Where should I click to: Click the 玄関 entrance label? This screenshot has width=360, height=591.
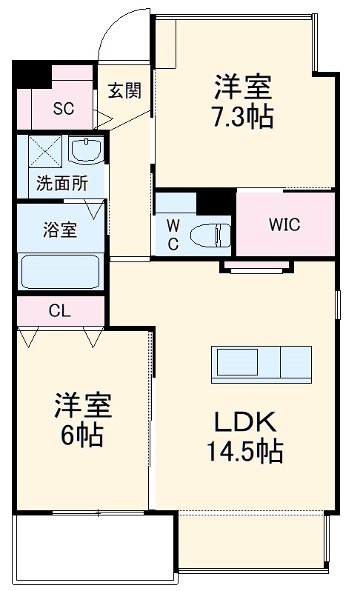click(124, 91)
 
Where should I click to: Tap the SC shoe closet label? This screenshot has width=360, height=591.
click(63, 108)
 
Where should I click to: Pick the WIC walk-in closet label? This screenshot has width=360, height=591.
click(284, 225)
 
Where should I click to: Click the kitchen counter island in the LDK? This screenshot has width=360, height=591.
click(263, 362)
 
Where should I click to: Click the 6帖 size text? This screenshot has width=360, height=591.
click(81, 435)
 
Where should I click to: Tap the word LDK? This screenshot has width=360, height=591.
click(244, 423)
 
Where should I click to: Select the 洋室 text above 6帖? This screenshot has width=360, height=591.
click(82, 406)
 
